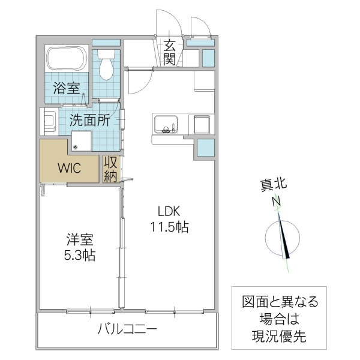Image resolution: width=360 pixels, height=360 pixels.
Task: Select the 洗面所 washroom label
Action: pos(89,119)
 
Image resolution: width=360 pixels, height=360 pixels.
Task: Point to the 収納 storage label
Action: pos(110,169)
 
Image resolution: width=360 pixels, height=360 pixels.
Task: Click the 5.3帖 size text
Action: pos(79,255)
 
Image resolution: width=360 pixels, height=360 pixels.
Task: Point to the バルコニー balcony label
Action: pos(127,329)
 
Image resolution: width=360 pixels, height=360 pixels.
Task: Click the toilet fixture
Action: pos(106,65)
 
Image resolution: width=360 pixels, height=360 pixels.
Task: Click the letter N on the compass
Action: pos(277,202)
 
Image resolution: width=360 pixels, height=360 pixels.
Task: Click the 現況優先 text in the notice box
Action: pos(275,337)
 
